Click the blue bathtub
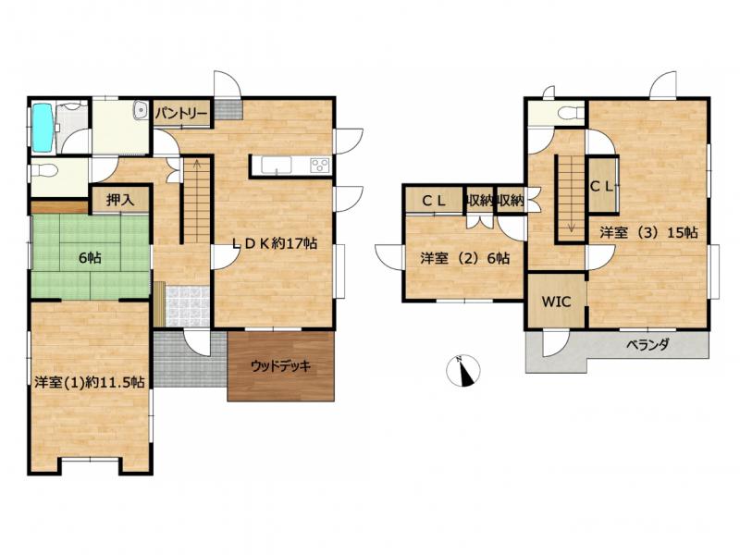43,128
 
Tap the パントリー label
181,114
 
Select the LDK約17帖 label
275,243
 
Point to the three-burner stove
320,166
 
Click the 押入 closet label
120,200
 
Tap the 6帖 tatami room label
90,258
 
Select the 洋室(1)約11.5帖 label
90,382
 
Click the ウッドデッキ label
281,365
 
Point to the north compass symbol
463,369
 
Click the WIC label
557,302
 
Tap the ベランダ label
648,345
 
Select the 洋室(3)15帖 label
649,232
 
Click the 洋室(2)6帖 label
465,258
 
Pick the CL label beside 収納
434,202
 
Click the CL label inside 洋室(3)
602,187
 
